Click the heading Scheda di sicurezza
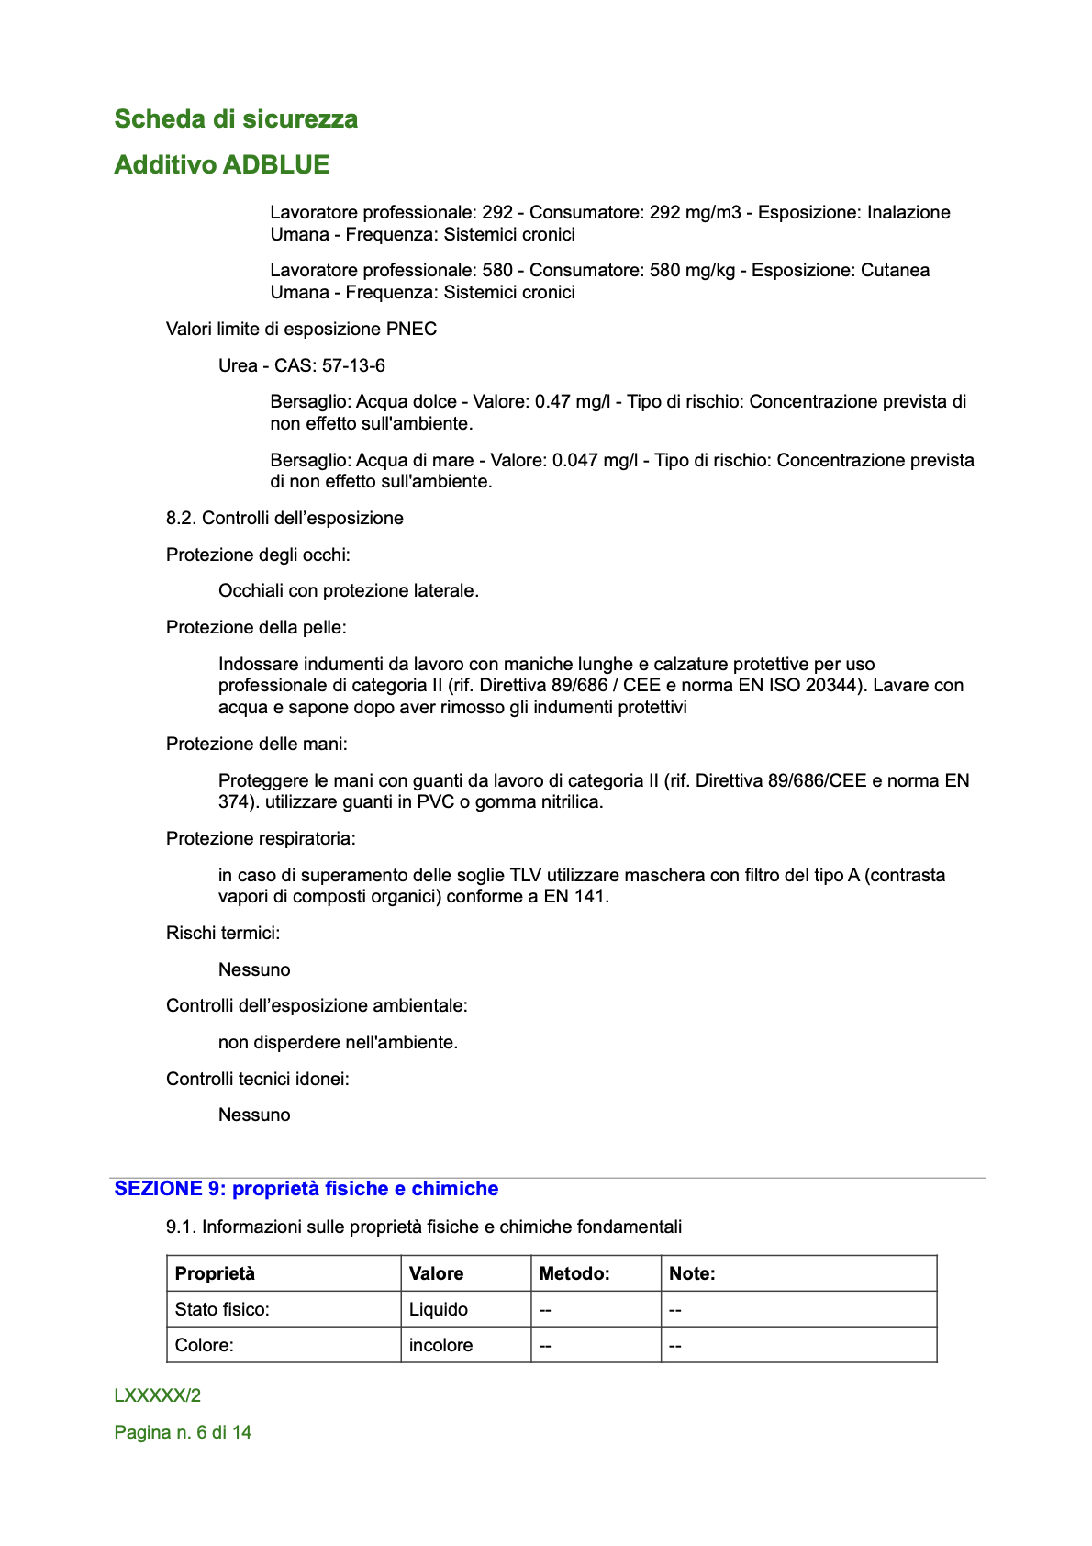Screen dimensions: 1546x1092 236,119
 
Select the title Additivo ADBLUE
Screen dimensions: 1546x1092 221,165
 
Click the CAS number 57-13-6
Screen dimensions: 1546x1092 353,365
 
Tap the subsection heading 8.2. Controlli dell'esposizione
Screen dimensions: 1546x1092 284,518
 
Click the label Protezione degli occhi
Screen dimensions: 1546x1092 258,555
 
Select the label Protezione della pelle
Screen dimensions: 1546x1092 256,627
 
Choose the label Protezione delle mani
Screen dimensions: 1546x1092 256,744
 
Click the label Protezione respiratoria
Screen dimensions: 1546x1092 261,838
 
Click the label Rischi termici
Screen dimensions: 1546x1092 223,933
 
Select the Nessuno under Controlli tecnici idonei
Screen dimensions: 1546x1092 254,1115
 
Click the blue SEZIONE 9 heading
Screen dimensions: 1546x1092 306,1189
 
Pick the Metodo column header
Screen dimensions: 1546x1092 574,1273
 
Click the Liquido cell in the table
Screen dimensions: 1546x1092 439,1309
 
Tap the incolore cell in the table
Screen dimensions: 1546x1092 440,1345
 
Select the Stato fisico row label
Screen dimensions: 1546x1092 222,1309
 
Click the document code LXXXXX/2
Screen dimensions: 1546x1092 158,1395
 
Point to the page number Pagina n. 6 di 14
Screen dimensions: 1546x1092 183,1432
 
